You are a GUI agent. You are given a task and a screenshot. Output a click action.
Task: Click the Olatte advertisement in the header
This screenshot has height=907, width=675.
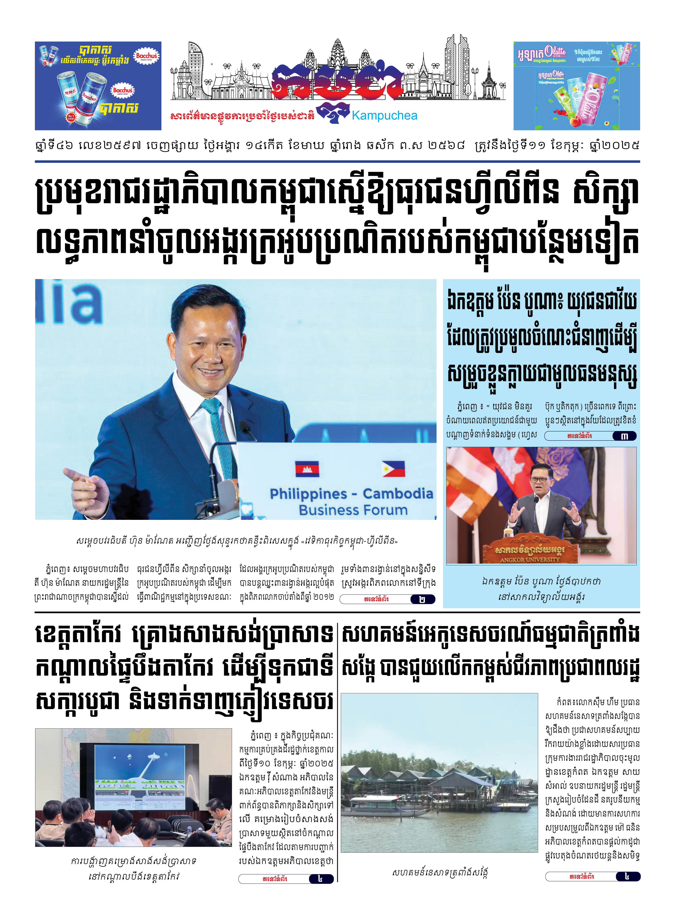576,86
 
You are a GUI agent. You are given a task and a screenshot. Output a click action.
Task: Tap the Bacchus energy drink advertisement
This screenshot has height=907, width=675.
98,86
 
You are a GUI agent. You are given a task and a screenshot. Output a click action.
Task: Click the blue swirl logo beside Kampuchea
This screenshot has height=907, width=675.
333,113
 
